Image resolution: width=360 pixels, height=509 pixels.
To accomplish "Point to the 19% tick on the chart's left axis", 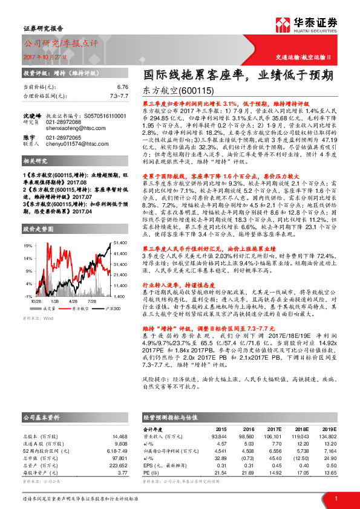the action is click(x=28, y=246).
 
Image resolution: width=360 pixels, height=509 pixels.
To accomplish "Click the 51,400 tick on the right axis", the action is click(x=120, y=242).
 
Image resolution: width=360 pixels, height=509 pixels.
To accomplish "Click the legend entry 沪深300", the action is click(x=112, y=308).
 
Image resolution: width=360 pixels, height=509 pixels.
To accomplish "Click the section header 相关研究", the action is click(x=35, y=162).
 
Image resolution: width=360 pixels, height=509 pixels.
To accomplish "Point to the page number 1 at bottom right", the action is click(x=335, y=497).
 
